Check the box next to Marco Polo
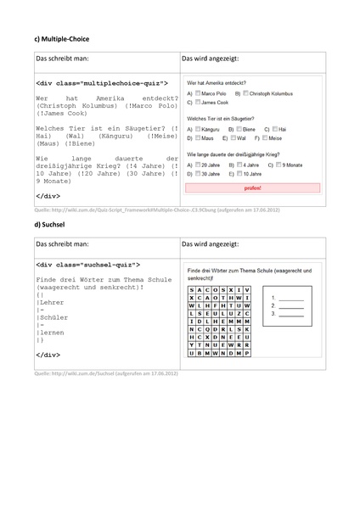(x=198, y=92)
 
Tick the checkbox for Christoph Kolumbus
(x=247, y=92)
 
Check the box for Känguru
(x=198, y=128)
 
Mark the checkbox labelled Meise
(x=265, y=137)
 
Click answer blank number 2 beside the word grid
(x=290, y=305)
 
